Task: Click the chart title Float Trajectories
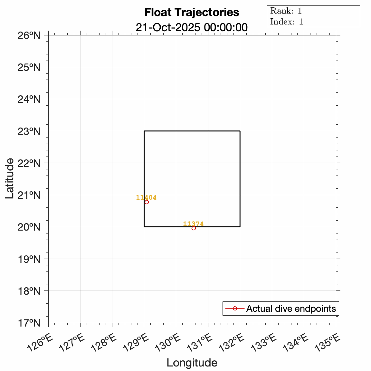[x=192, y=12]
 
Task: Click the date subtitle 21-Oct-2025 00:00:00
[x=192, y=27]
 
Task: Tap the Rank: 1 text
[x=286, y=11]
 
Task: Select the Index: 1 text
[x=287, y=22]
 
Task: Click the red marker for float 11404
[x=147, y=202]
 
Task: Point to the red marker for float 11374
[x=194, y=228]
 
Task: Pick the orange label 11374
[x=193, y=224]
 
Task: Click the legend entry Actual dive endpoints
[x=291, y=309]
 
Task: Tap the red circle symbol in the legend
[x=235, y=309]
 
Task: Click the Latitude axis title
[x=10, y=178]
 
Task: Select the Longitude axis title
[x=192, y=363]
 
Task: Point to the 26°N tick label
[x=29, y=35]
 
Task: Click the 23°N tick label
[x=29, y=131]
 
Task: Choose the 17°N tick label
[x=29, y=323]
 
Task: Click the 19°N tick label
[x=29, y=259]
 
